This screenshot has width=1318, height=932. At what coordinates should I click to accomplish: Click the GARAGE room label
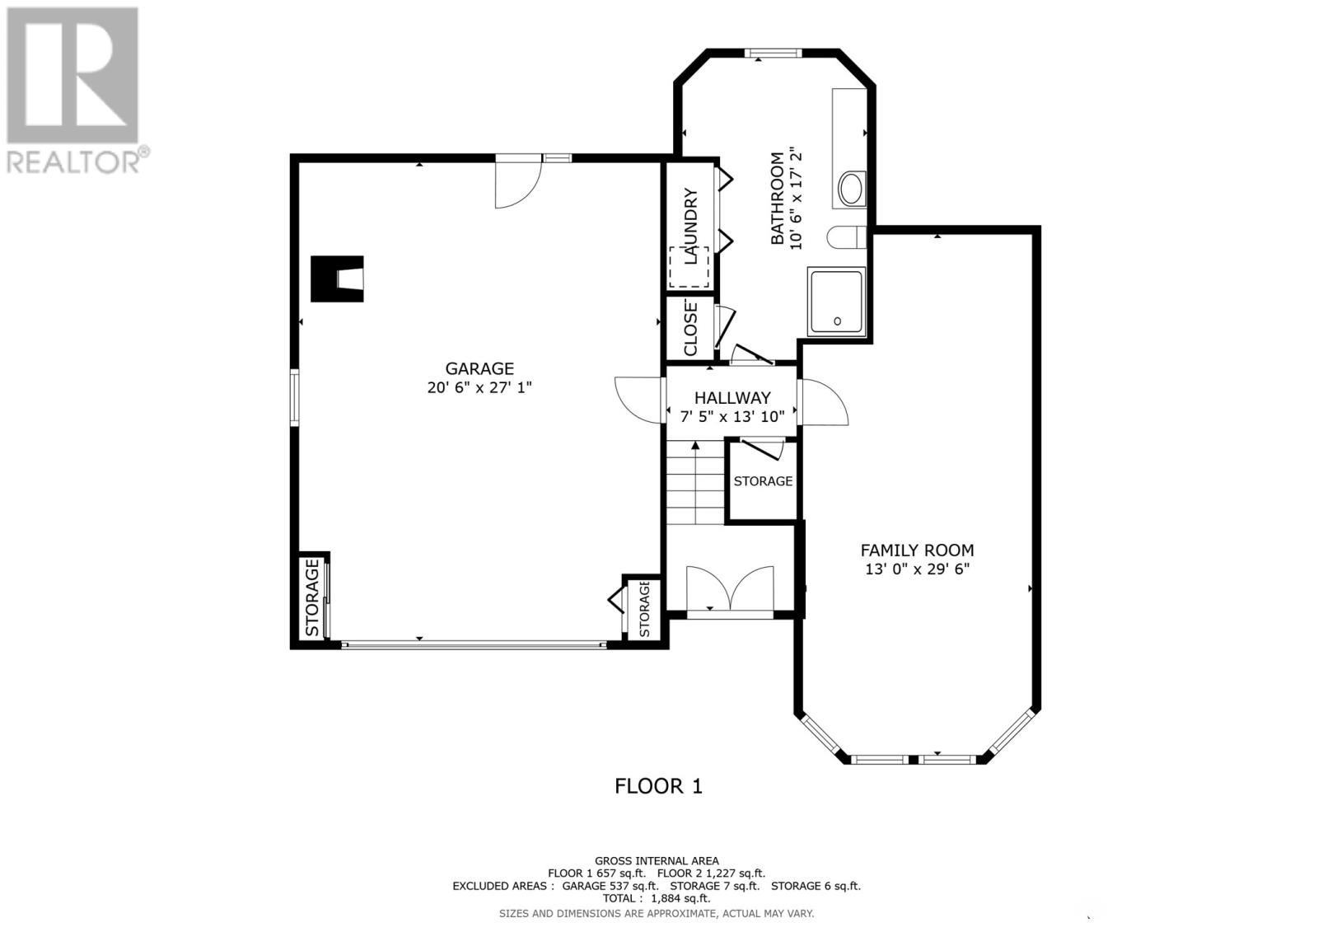point(479,369)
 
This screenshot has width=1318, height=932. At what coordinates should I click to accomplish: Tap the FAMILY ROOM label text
point(917,550)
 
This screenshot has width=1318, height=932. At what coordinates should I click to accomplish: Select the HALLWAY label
point(732,398)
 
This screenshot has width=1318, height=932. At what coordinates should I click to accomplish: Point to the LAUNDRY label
point(690,226)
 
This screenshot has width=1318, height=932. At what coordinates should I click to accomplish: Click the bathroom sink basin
point(851,189)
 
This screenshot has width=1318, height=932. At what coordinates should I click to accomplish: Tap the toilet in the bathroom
point(846,237)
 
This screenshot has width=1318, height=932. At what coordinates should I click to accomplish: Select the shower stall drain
point(838,321)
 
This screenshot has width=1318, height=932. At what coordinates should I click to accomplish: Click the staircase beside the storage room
point(695,485)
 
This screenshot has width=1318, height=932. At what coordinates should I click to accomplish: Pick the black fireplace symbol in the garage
point(336,279)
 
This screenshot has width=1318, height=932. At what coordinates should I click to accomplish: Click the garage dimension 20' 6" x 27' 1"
point(479,387)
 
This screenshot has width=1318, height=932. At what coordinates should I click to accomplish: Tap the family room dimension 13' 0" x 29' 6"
point(917,569)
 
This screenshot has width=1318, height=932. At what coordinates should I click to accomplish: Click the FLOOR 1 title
point(658,786)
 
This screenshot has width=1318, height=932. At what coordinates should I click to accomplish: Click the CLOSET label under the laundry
point(690,328)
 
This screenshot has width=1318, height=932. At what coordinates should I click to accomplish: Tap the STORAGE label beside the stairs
point(763,481)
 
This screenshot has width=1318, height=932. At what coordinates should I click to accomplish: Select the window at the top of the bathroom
point(773,54)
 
